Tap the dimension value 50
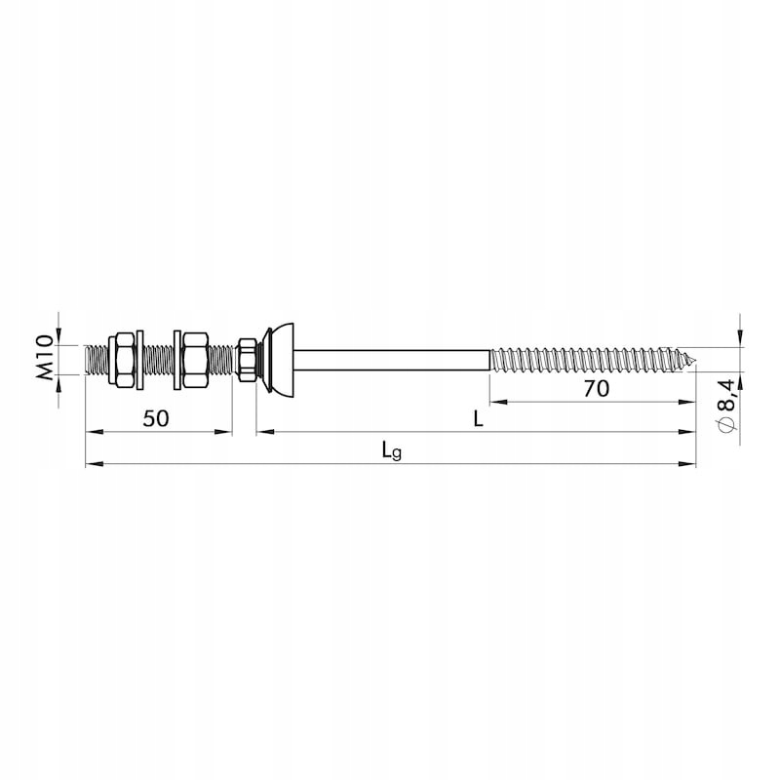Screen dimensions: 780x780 pos(156,419)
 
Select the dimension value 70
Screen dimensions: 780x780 pos(597,388)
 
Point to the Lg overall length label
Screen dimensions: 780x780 pos(392,450)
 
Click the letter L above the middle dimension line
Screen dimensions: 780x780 pos(478,420)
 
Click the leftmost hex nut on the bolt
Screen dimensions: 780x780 pos(121,359)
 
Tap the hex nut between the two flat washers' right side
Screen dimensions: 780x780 pos(194,360)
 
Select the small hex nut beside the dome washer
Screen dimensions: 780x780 pos(248,360)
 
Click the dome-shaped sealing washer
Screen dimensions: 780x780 pos(280,360)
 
